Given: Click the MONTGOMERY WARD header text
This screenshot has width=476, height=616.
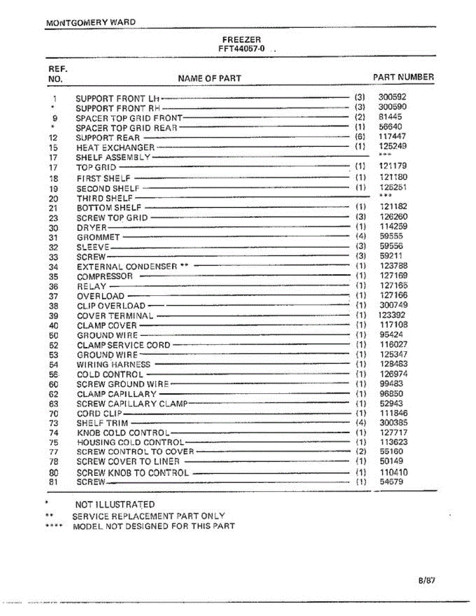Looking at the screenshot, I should (91, 23).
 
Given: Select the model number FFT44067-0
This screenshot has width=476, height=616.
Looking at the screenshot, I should (242, 49).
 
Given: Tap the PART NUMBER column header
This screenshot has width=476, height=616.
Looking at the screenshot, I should (403, 77).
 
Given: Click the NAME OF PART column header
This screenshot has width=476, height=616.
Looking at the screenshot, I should (209, 79).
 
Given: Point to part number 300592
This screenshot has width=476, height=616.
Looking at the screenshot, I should (392, 97).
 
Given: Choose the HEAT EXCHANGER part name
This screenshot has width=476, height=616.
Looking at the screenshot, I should (116, 147).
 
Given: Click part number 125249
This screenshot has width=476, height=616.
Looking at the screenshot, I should (393, 146).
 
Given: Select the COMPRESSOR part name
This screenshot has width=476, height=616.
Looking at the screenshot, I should (105, 276).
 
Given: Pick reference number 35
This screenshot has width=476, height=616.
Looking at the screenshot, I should (54, 277).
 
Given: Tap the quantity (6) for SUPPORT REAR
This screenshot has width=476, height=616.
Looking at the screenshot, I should (359, 137).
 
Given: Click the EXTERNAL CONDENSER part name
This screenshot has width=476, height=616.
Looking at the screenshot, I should (127, 266).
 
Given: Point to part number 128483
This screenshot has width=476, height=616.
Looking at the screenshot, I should (393, 364).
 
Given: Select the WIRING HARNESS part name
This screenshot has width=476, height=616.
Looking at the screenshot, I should (113, 364).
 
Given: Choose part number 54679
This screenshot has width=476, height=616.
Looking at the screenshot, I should (391, 482).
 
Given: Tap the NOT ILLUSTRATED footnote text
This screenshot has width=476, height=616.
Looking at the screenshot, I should (115, 505).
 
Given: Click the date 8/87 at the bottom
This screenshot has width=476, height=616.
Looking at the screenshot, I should (427, 581).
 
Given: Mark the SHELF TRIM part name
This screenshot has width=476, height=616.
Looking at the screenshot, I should (102, 423).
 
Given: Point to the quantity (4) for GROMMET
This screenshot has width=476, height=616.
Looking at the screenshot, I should (360, 237).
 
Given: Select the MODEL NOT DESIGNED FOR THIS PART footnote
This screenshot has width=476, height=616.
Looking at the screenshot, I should (154, 526).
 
